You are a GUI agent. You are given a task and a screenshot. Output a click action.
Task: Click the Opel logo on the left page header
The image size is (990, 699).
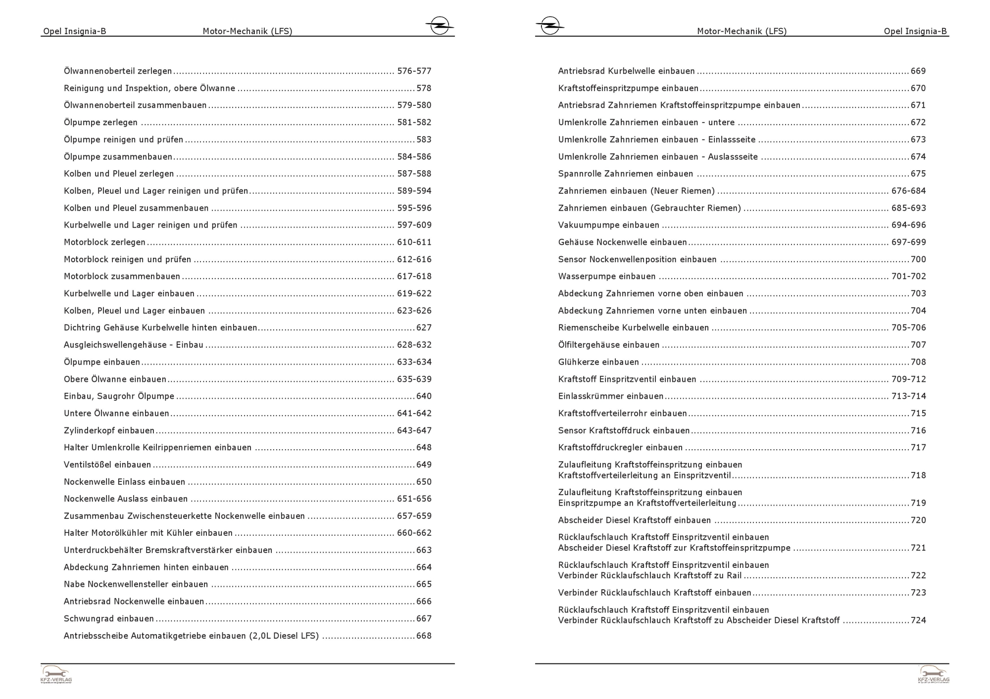coord(439,26)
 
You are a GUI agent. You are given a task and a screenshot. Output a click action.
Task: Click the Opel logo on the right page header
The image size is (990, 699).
coord(550,26)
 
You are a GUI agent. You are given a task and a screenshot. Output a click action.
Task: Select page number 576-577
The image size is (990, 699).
coord(414,71)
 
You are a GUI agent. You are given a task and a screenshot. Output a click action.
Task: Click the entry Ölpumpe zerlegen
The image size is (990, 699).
coord(100,123)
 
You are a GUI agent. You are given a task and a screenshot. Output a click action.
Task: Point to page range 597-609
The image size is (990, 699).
coord(414,225)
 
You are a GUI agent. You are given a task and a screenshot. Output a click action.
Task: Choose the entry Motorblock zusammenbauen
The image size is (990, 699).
coord(122,277)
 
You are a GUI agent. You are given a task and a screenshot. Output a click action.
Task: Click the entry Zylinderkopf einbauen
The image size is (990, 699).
coord(109,431)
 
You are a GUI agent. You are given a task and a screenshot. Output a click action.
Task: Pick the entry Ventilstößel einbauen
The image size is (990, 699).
coord(107,465)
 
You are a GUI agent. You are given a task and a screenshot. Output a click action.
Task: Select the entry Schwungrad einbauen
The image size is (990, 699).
coord(109,619)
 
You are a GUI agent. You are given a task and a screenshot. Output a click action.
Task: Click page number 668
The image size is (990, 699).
coord(424,636)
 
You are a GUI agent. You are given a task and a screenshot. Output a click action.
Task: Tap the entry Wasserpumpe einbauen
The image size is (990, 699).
coord(606,277)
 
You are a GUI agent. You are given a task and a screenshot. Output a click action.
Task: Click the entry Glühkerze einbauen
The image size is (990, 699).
coord(598,362)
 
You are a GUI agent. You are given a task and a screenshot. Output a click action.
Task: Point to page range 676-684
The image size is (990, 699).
coord(908,191)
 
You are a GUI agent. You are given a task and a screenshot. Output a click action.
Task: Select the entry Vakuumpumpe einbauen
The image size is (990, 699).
coord(608,225)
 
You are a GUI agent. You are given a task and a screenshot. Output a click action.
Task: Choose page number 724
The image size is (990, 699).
coord(918,620)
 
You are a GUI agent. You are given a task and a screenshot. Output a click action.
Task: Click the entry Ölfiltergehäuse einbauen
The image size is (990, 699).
coord(608,345)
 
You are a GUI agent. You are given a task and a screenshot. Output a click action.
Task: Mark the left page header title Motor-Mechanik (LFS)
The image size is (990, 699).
coord(247,31)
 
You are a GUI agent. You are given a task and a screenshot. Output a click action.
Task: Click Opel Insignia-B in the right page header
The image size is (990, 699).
coord(915,31)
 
